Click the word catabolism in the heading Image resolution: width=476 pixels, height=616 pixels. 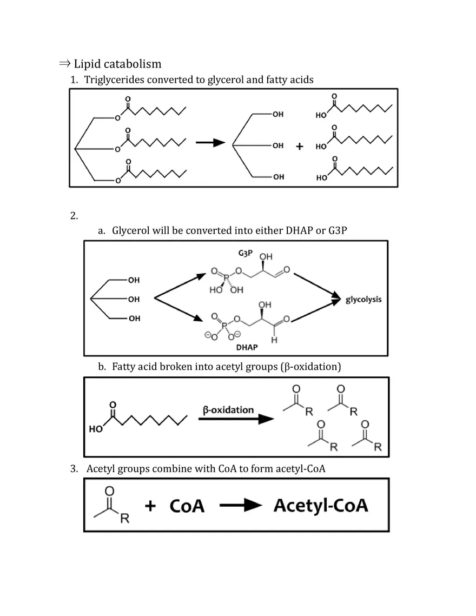pyautogui.click(x=132, y=64)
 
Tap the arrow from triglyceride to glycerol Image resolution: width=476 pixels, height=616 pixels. pyautogui.click(x=210, y=143)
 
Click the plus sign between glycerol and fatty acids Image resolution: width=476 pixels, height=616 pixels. pyautogui.click(x=299, y=147)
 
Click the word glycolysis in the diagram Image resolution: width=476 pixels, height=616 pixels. pyautogui.click(x=363, y=299)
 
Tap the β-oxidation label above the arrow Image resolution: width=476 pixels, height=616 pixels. pyautogui.click(x=228, y=409)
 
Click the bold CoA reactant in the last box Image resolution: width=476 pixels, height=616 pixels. pyautogui.click(x=187, y=506)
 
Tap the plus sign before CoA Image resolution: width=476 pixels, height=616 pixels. pyautogui.click(x=150, y=506)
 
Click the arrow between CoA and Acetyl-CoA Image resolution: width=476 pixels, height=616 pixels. pyautogui.click(x=240, y=506)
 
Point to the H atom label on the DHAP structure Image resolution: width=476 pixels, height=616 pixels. pyautogui.click(x=274, y=340)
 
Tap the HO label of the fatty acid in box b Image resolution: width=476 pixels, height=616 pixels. pyautogui.click(x=96, y=429)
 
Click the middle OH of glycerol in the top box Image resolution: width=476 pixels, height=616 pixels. pyautogui.click(x=278, y=145)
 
